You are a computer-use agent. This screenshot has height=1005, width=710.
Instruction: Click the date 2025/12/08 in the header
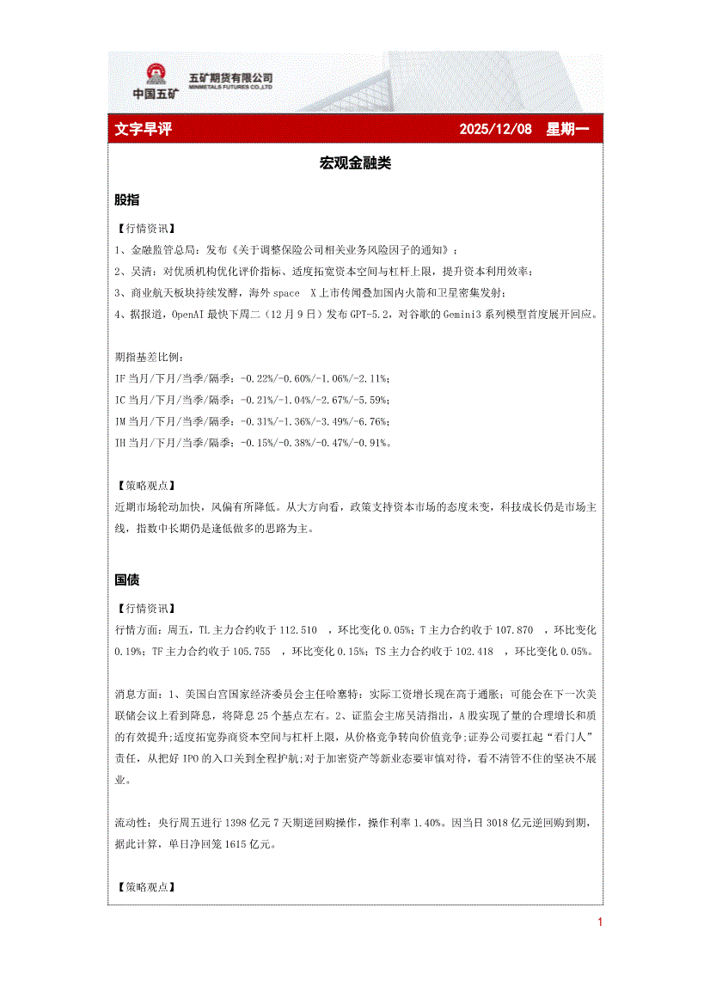tap(495, 129)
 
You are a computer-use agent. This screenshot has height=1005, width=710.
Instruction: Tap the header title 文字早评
tap(144, 129)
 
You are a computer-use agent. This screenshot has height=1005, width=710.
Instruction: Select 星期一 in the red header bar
tap(568, 129)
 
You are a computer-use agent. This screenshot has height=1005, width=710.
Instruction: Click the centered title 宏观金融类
tap(355, 162)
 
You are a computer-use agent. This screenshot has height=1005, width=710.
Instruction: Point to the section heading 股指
tap(127, 199)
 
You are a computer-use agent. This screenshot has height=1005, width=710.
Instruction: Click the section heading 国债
tap(127, 580)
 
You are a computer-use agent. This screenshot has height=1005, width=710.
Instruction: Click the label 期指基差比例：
tap(149, 358)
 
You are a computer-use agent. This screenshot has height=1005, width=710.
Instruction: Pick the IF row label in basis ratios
tap(120, 379)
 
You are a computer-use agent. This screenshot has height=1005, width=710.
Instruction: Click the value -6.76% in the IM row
tap(374, 422)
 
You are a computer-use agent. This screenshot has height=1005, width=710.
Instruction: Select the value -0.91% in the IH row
tap(374, 444)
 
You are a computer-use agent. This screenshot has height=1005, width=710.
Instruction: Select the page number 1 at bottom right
tap(599, 923)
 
